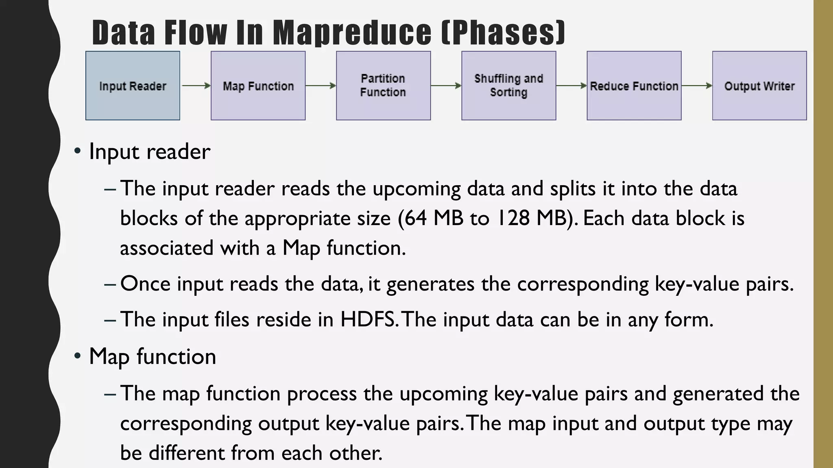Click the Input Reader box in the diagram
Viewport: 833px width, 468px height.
(133, 86)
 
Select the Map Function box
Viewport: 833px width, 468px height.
(258, 86)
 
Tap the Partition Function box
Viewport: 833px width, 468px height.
(383, 86)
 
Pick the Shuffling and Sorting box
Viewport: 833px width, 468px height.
(508, 86)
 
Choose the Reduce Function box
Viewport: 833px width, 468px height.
(634, 86)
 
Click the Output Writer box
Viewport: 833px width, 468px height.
(759, 86)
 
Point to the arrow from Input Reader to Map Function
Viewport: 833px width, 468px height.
(196, 86)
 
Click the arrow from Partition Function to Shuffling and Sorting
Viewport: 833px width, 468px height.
(446, 86)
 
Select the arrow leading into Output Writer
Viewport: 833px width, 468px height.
(697, 86)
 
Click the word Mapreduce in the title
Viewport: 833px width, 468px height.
(352, 32)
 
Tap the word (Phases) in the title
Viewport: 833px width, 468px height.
(504, 32)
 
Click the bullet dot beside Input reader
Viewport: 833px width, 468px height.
(77, 152)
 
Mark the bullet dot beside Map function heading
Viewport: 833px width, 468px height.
(77, 356)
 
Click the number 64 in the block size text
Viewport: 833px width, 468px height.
(416, 218)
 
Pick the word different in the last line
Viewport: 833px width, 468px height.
(187, 453)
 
